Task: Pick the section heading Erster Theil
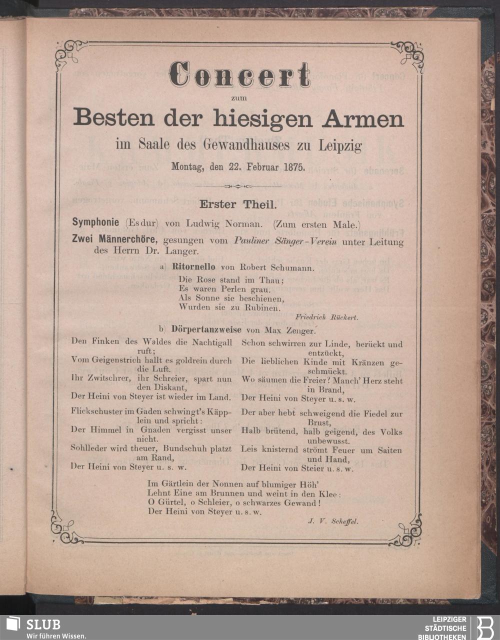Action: [x=237, y=204]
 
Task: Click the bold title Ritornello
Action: [x=193, y=267]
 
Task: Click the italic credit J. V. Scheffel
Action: [x=333, y=521]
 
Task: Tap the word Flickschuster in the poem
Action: [x=97, y=413]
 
